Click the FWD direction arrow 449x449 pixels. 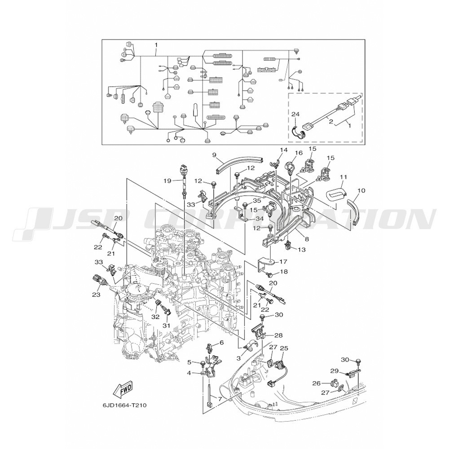(124, 390)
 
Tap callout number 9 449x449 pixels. (214, 155)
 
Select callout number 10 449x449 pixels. (361, 190)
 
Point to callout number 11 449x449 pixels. (343, 177)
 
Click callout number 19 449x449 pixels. (167, 180)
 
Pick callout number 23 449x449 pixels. (96, 294)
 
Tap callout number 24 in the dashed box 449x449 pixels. (295, 114)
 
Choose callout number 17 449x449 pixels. (283, 261)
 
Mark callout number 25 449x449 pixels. (284, 348)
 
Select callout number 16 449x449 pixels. (299, 153)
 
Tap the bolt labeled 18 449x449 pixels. (269, 274)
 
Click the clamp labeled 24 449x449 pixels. (299, 132)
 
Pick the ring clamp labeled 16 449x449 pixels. (290, 167)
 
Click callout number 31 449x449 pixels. (167, 326)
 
